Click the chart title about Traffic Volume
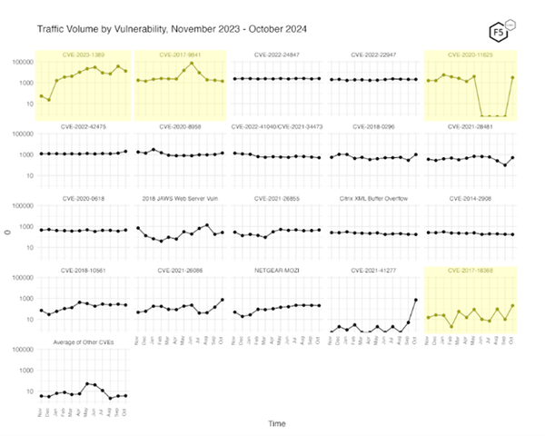click(x=171, y=29)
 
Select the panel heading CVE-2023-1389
click(x=83, y=54)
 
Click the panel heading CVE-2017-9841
click(x=179, y=54)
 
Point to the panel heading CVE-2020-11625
click(x=471, y=54)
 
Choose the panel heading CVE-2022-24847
click(x=276, y=54)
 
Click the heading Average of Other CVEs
click(x=83, y=341)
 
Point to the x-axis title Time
click(x=276, y=422)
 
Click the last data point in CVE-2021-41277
click(x=416, y=300)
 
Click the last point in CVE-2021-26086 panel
click(x=222, y=300)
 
